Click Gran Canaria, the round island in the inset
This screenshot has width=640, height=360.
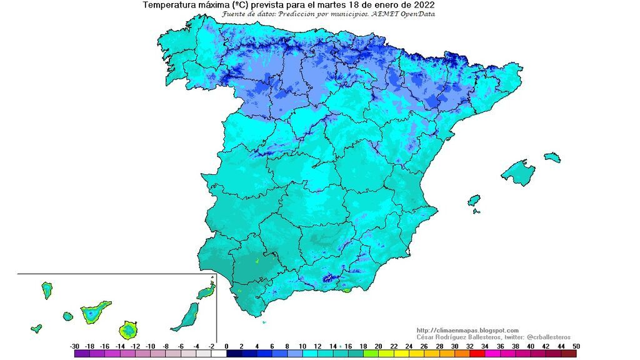click(129, 329)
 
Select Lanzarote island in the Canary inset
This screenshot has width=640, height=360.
click(206, 292)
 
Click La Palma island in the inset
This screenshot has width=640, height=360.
click(47, 290)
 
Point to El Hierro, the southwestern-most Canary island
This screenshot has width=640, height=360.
click(36, 328)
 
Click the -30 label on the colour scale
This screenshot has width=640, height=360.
click(74, 346)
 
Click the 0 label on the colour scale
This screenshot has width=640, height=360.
click(226, 346)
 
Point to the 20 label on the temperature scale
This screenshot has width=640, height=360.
click(378, 346)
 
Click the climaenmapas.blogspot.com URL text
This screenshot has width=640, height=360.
click(467, 331)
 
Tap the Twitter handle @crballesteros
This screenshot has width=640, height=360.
click(544, 337)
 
